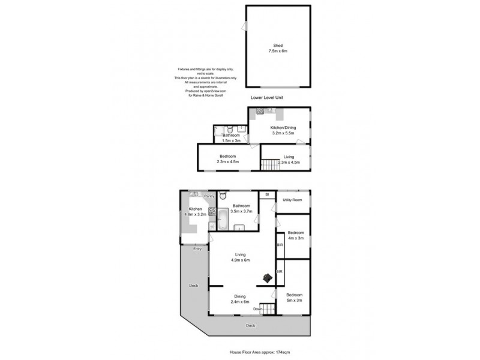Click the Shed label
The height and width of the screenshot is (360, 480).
point(277,48)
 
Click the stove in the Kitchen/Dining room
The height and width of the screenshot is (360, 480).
point(260,112)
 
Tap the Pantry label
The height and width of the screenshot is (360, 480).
point(209,196)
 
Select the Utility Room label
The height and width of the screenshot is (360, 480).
point(293,200)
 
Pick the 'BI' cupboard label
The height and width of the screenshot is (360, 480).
point(266,194)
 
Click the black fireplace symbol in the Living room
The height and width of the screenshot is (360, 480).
point(266,277)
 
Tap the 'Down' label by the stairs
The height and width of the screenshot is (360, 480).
point(258,309)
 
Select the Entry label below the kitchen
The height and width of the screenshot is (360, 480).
point(197,248)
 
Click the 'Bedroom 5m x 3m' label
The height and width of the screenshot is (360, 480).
point(294,298)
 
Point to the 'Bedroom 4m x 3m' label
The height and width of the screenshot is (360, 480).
point(295,235)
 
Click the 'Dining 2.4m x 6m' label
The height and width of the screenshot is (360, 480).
point(239,299)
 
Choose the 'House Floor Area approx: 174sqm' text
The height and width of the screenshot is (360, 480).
point(264,352)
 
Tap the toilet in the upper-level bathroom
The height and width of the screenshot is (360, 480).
point(223,196)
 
